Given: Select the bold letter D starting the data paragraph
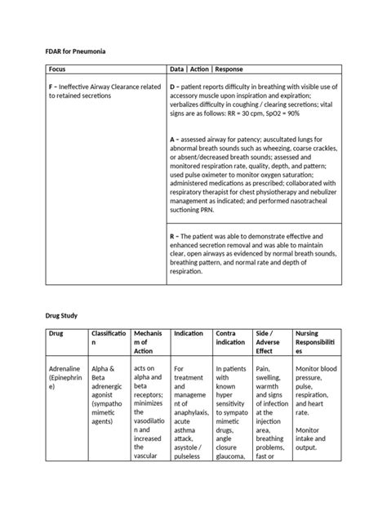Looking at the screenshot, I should tap(172, 85).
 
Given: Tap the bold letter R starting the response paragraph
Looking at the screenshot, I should tap(172, 235).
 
